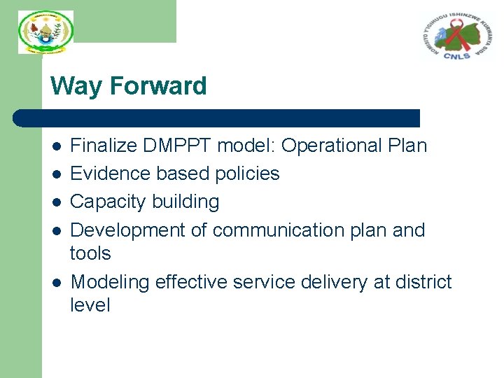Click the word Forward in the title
point(158,86)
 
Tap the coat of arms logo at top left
point(45,32)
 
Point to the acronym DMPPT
point(178,146)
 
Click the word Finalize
point(104,146)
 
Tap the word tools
point(91,253)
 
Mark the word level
point(90,305)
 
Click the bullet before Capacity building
point(57,202)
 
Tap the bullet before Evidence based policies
point(57,174)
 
